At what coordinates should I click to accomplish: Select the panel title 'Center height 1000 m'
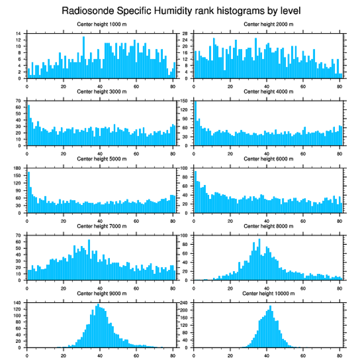click(x=101, y=24)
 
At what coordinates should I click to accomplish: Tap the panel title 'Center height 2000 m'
click(x=268, y=24)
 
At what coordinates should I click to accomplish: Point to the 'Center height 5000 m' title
click(x=101, y=159)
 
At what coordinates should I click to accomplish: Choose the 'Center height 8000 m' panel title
click(x=268, y=226)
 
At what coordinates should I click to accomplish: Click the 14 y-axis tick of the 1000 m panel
click(x=19, y=34)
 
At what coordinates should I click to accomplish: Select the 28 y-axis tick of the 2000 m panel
click(x=186, y=34)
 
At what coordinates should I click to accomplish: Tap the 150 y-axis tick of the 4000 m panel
click(x=185, y=101)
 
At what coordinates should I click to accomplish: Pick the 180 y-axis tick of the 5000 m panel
click(x=18, y=168)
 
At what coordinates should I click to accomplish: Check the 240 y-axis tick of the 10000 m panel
click(x=185, y=303)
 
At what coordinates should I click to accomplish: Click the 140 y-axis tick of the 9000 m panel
click(x=18, y=303)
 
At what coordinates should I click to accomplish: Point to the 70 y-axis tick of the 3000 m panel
click(x=19, y=101)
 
